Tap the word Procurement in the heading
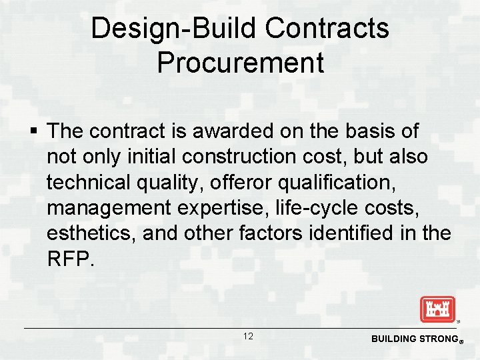[240, 63]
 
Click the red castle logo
[437, 309]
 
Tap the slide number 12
[247, 337]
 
